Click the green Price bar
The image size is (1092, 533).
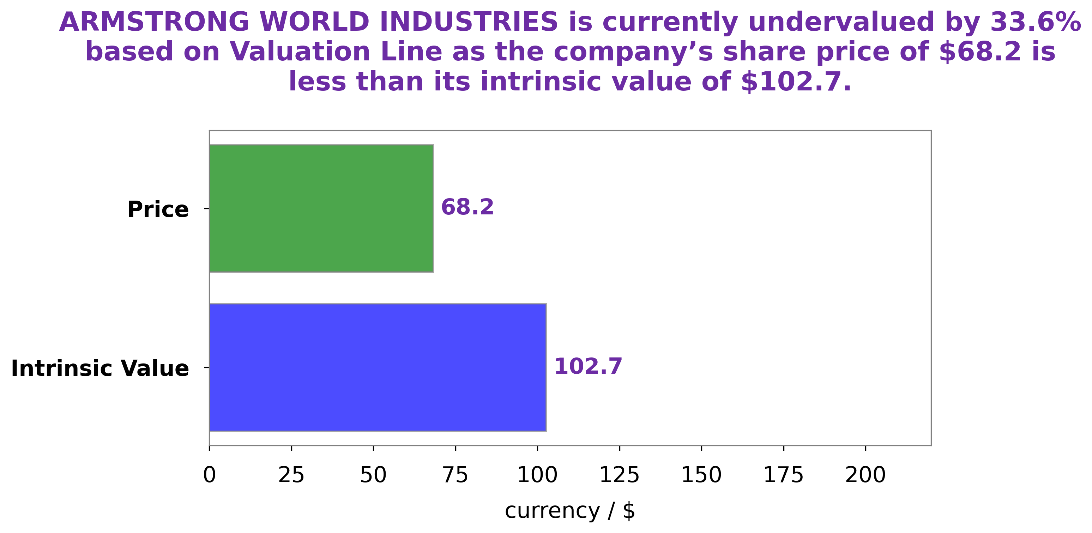pyautogui.click(x=321, y=208)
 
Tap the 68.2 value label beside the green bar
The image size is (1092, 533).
pyautogui.click(x=467, y=207)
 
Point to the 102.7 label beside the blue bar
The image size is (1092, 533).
pyautogui.click(x=588, y=366)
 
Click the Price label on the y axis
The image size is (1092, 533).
pyautogui.click(x=158, y=210)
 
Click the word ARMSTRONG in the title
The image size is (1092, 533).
pyautogui.click(x=154, y=22)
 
